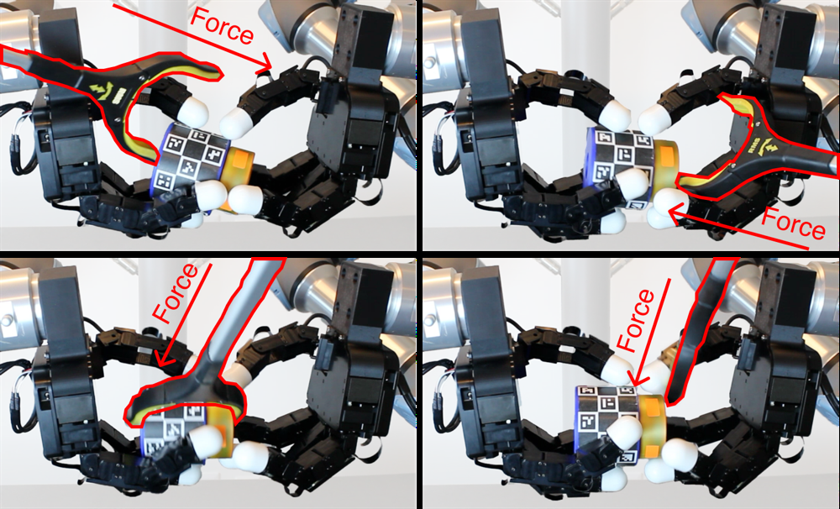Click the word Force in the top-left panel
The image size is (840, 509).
point(222,26)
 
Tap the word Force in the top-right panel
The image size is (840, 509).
point(794,223)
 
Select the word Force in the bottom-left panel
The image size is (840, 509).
point(176,293)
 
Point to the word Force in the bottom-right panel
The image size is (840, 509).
point(636,320)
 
